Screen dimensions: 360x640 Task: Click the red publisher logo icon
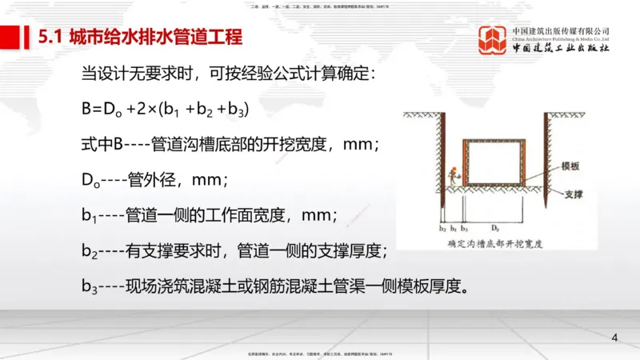pos(493,41)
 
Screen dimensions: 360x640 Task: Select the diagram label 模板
pos(570,166)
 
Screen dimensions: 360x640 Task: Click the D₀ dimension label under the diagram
pos(496,228)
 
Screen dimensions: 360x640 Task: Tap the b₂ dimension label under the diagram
pos(442,228)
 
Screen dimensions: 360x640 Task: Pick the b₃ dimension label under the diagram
pos(464,228)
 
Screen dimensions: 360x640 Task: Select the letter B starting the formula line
pos(86,110)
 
